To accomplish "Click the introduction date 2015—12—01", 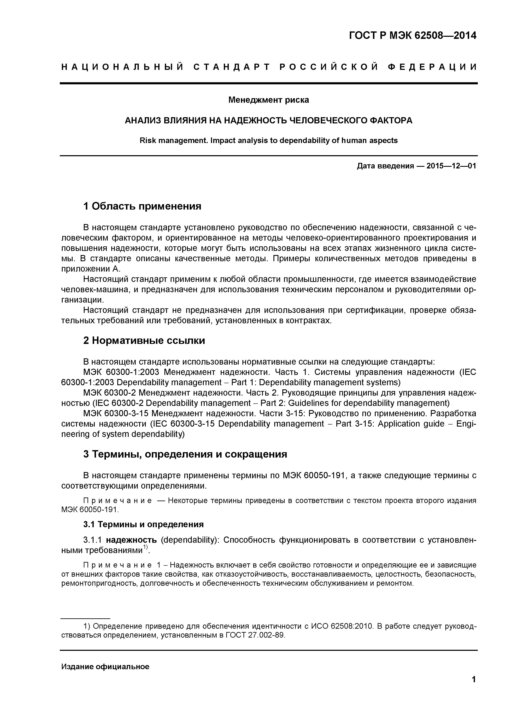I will point(451,166).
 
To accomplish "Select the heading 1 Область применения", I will point(142,206).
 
